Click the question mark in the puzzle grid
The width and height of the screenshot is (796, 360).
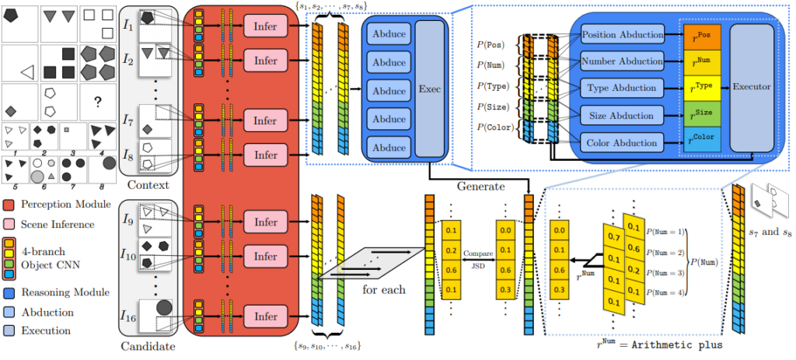[x=98, y=102]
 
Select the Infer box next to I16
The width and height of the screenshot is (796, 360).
[x=265, y=317]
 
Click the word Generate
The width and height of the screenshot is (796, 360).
[x=482, y=187]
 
